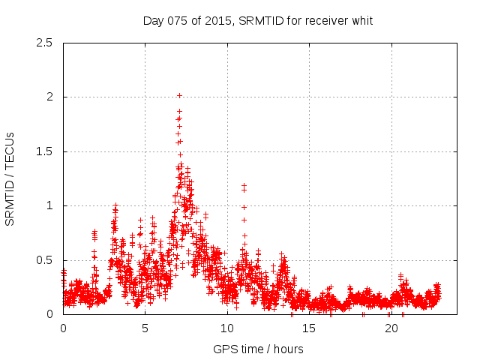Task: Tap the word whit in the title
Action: pos(361,21)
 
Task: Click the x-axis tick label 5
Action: pos(145,328)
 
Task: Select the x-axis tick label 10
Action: pos(226,328)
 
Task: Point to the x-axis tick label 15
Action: pos(308,328)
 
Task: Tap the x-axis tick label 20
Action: pos(390,328)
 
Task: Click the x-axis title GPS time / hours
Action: pos(258,349)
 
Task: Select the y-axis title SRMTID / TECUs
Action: pos(10,178)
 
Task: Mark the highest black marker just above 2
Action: pos(179,95)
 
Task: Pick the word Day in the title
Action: pos(154,21)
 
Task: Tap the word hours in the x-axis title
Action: pos(287,349)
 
